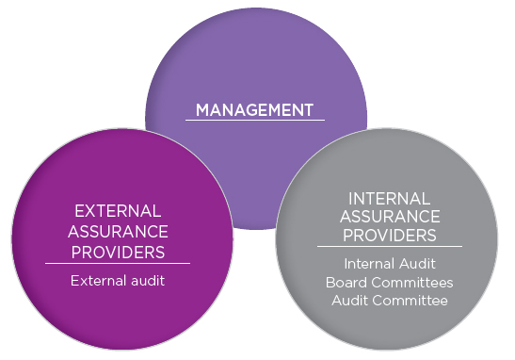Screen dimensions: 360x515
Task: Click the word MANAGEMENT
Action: (x=254, y=110)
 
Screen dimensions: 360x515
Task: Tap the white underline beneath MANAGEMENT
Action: (x=254, y=121)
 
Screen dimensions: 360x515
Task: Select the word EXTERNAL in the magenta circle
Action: (x=118, y=210)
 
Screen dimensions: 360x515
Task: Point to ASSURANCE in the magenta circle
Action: (x=118, y=231)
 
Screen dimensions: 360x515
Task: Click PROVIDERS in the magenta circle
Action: (x=118, y=252)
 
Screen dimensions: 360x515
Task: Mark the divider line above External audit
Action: (x=118, y=263)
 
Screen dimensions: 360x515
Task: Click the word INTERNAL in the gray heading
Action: (x=389, y=198)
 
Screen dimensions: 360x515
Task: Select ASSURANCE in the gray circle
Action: (x=389, y=217)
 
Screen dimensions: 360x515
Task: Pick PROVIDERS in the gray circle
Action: (x=389, y=236)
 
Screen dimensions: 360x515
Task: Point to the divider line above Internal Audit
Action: (x=389, y=248)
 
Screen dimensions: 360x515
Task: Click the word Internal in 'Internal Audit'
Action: (x=370, y=264)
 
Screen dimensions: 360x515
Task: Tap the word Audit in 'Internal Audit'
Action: (x=417, y=264)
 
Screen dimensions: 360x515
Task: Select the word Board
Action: (x=346, y=283)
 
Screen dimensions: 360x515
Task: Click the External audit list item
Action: (x=119, y=280)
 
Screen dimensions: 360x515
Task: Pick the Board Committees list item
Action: (x=389, y=283)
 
